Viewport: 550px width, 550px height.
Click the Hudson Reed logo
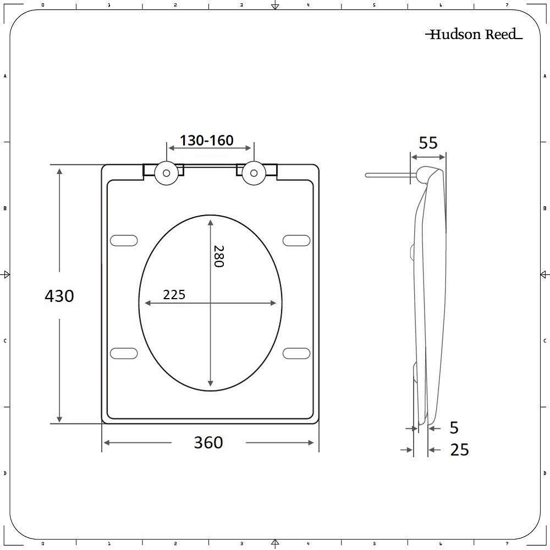tap(474, 35)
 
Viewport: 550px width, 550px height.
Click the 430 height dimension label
tap(59, 296)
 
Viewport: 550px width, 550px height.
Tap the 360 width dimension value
tap(208, 442)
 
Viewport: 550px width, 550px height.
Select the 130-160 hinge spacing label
tap(207, 141)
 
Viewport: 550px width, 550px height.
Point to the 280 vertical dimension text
tap(218, 256)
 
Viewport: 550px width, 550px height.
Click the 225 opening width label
tap(174, 295)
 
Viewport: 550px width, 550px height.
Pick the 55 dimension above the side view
tap(428, 143)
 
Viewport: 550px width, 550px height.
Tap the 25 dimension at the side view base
tap(459, 450)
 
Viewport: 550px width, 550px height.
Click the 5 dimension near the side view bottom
tap(454, 427)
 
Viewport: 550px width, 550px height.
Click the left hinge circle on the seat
tap(166, 173)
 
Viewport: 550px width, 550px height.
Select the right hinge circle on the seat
tap(254, 173)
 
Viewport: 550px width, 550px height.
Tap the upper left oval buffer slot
tap(124, 240)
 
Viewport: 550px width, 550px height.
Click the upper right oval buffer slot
tap(297, 240)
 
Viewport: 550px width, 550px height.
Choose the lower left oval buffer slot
tap(124, 353)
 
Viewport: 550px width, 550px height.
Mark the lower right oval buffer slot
tap(297, 353)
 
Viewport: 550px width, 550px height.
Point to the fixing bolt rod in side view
tap(388, 175)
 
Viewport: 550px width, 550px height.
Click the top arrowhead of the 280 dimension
tap(211, 221)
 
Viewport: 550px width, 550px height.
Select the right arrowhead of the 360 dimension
tap(311, 443)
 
